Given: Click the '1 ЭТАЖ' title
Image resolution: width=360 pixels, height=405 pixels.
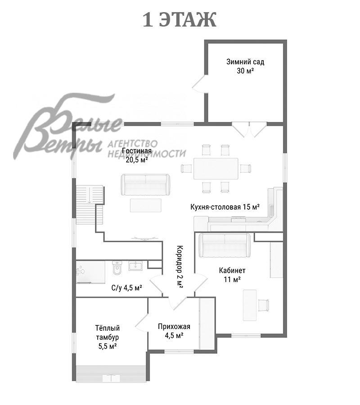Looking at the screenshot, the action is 180,20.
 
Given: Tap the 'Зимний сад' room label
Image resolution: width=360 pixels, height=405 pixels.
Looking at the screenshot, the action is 245,62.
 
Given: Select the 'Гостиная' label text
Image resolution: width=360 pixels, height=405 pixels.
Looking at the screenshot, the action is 137,151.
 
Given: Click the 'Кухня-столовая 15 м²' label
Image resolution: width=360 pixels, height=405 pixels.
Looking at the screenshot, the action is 225,207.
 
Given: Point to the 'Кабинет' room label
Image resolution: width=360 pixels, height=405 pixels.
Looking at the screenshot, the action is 232,270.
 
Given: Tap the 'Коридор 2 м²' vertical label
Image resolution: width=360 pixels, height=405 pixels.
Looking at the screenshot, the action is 180,267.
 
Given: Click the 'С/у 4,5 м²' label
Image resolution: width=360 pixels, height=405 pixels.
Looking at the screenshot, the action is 126,288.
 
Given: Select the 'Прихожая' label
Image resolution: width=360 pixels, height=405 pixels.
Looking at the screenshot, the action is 174,327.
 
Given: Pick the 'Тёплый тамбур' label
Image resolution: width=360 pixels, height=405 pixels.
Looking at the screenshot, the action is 108,333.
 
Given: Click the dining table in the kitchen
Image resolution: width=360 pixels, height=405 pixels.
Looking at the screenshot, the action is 216,169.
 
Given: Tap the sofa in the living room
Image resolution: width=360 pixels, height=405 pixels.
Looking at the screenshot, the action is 145,185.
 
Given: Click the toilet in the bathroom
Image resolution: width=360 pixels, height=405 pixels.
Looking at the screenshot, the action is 117,268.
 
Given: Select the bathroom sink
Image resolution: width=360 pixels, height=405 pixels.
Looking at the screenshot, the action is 135,266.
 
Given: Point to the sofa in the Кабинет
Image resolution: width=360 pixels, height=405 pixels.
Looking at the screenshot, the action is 225,245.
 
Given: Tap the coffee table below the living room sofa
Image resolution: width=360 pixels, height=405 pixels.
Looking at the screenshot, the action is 146,205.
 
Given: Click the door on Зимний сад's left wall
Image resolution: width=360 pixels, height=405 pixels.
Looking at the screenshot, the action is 199,84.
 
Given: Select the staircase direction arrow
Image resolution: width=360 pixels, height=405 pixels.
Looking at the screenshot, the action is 89,195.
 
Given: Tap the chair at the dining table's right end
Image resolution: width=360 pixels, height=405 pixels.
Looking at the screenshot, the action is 245,168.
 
